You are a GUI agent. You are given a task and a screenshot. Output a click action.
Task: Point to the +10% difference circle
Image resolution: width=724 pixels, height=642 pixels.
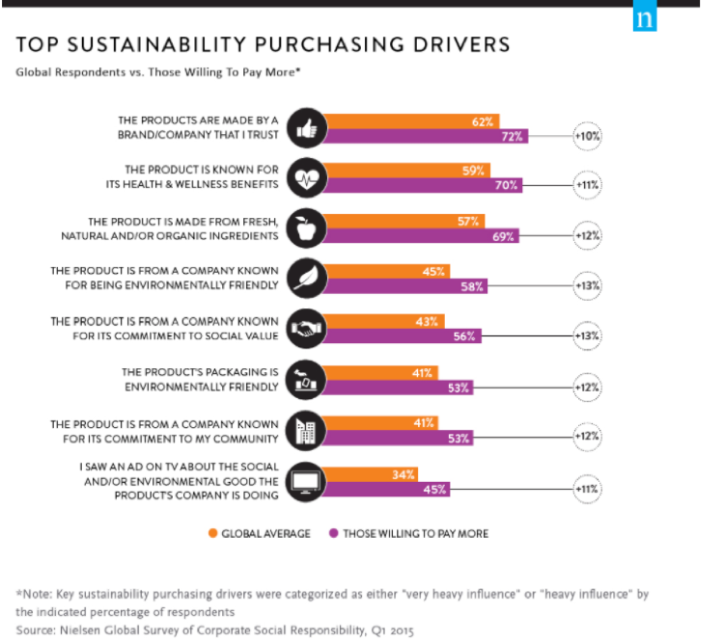(588, 136)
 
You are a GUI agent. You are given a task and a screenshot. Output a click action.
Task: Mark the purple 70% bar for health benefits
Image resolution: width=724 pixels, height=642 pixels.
(425, 187)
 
